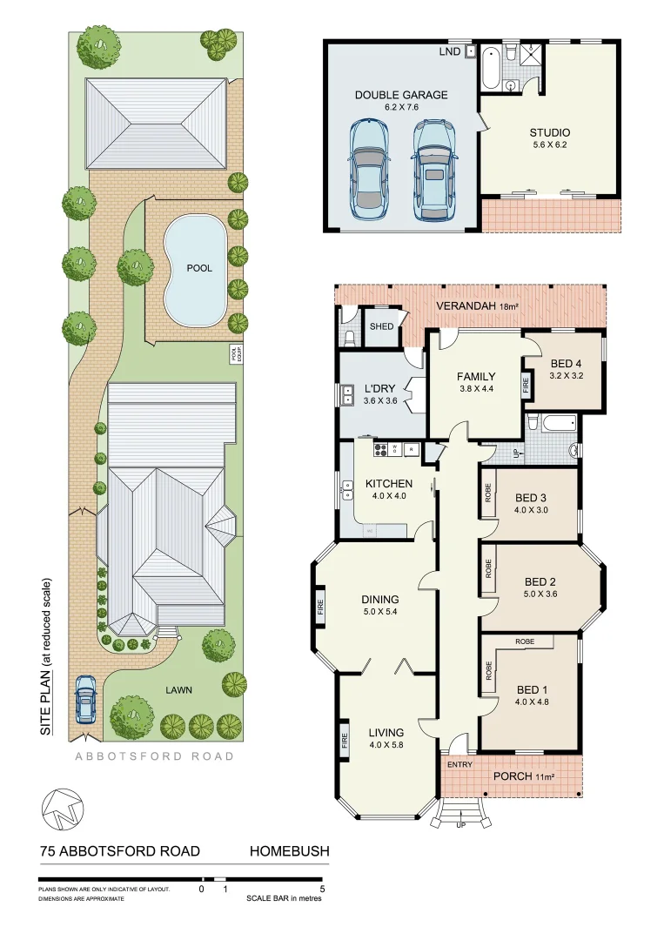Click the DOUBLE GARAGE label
[x=401, y=94]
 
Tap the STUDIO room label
[x=549, y=133]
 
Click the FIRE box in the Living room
[x=345, y=742]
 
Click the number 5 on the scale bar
[x=322, y=890]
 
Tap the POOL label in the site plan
[x=199, y=268]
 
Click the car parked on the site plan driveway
[x=86, y=701]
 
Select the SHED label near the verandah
[x=381, y=326]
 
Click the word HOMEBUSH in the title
[x=290, y=851]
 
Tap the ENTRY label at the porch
[x=459, y=764]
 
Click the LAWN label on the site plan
[x=178, y=689]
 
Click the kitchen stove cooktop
[x=379, y=449]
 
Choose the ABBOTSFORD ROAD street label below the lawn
[x=153, y=756]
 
